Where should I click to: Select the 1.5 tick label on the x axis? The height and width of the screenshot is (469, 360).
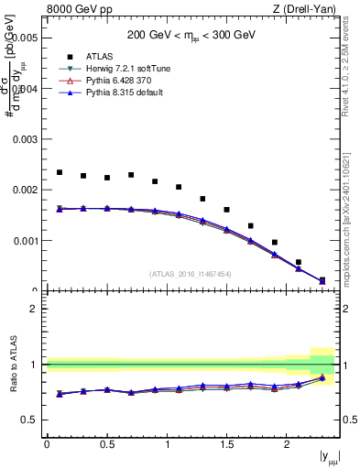tap(226, 443)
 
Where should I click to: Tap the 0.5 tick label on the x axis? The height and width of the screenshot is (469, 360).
tap(106, 443)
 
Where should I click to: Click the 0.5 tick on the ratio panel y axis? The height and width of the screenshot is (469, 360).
tap(34, 420)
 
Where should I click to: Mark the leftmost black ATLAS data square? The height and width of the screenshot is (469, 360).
tap(60, 172)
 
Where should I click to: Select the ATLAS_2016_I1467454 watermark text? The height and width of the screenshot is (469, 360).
tap(191, 274)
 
